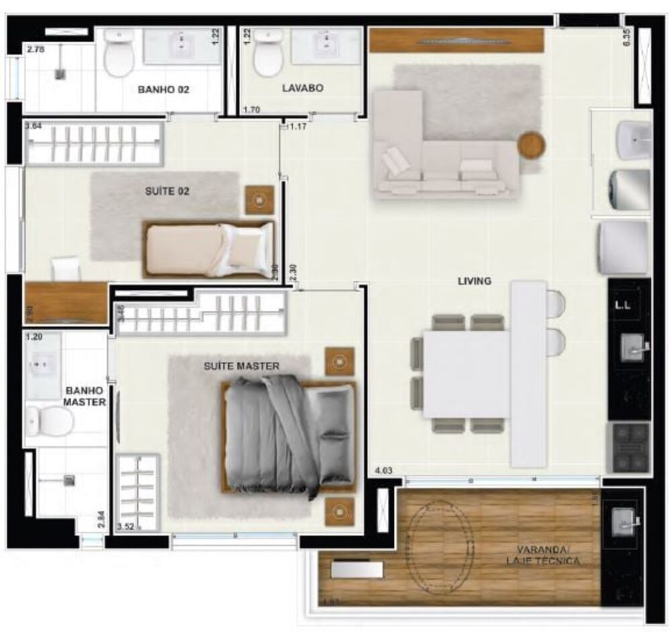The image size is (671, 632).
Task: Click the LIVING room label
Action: coord(474,281)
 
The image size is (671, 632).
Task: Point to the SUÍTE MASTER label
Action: coord(242,366)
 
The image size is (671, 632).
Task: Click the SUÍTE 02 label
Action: coord(167,191)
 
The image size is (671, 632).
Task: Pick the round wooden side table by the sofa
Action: coord(531,145)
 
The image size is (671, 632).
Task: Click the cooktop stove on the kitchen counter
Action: coord(628,447)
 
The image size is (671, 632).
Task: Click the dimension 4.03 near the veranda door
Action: coord(383,472)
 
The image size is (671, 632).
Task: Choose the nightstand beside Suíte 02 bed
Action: coord(259,200)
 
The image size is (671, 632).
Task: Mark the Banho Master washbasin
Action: coord(41,364)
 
